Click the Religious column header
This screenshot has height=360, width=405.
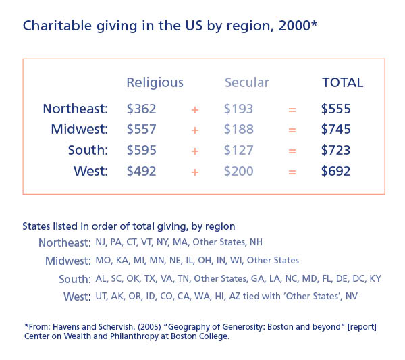click(155, 83)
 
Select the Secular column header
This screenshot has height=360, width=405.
click(246, 83)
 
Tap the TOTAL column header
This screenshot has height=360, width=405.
click(342, 83)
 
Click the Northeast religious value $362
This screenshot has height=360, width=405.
click(141, 109)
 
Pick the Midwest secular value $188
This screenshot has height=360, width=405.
click(239, 130)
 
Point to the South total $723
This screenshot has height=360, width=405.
click(336, 151)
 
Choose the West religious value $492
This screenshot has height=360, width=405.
click(141, 172)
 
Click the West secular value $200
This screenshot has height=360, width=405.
click(239, 172)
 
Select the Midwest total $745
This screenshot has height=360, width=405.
click(336, 130)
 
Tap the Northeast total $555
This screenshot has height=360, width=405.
click(336, 109)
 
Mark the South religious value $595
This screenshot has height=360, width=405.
click(141, 151)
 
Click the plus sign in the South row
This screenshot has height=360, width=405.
click(195, 151)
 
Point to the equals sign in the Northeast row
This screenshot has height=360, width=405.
click(292, 109)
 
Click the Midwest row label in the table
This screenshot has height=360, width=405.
click(80, 130)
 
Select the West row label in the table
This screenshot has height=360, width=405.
click(90, 172)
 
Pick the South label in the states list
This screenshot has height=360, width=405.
click(75, 279)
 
